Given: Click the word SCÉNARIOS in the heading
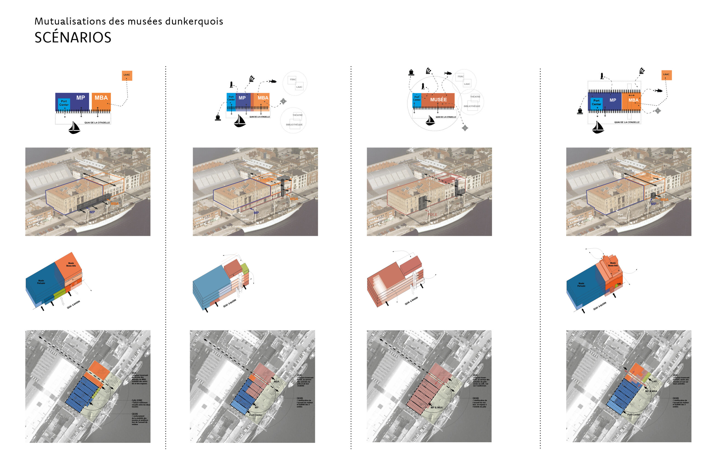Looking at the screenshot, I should coord(73,38).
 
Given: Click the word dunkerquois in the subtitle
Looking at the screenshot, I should coord(194,21).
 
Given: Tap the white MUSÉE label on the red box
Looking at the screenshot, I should coord(438,100).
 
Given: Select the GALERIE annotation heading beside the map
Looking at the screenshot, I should coord(137,400).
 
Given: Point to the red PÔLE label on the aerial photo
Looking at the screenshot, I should coord(432,214).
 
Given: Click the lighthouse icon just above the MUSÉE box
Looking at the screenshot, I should coord(423,87).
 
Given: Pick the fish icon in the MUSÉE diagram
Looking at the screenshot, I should coord(448,73).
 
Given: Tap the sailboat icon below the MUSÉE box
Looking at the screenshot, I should coord(430,121).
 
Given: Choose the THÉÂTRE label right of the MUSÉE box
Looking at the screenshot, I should coord(475,97).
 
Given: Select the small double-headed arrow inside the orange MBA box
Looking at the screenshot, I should coord(632,95).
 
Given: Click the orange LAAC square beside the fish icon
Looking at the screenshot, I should coord(666,75).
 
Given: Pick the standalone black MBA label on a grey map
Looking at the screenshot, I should coord(277,381).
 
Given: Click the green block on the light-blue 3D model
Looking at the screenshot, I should coord(245,268).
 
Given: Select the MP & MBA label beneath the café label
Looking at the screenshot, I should coord(651,391).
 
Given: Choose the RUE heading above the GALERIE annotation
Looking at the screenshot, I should coord(134,373).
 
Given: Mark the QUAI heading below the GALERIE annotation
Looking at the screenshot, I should coord(135,414).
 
